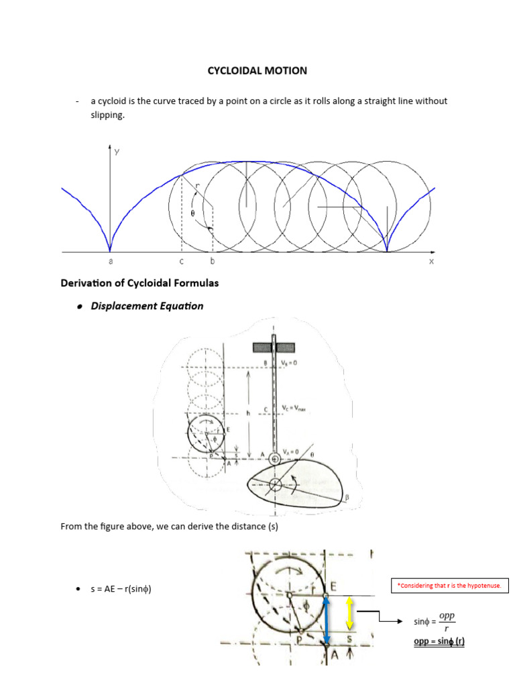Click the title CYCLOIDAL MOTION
point(257,70)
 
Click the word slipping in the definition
point(99,115)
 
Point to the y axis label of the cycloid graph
point(117,152)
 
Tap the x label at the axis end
point(431,262)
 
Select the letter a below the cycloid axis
point(111,262)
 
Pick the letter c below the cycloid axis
point(181,262)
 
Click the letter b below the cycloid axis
point(213,262)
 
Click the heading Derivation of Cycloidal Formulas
point(139,283)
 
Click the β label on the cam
point(347,498)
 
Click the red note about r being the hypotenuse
point(450,586)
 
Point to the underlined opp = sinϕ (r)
point(439,641)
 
